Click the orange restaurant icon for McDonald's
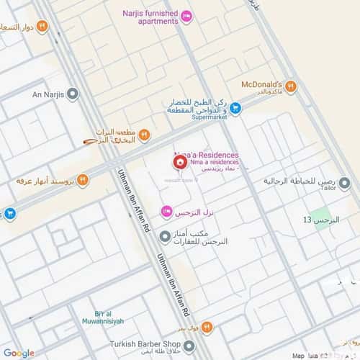click(291, 87)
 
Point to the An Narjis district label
click(49, 94)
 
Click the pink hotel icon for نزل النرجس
click(166, 211)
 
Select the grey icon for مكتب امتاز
click(165, 235)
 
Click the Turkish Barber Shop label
click(153, 343)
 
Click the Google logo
click(18, 353)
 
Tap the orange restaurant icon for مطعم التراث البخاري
click(145, 135)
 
